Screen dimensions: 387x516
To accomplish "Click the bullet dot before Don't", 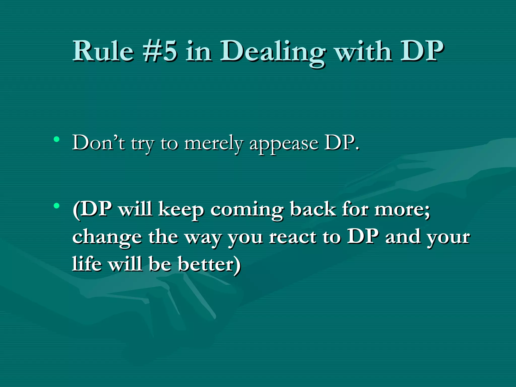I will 57,139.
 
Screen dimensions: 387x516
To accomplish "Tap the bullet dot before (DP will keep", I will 57,206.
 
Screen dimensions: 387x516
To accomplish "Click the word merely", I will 213,144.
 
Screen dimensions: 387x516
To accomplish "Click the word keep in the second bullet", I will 181,210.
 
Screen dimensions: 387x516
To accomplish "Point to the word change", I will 107,237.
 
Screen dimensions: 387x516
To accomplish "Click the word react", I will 292,237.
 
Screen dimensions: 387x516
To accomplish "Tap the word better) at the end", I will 209,264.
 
